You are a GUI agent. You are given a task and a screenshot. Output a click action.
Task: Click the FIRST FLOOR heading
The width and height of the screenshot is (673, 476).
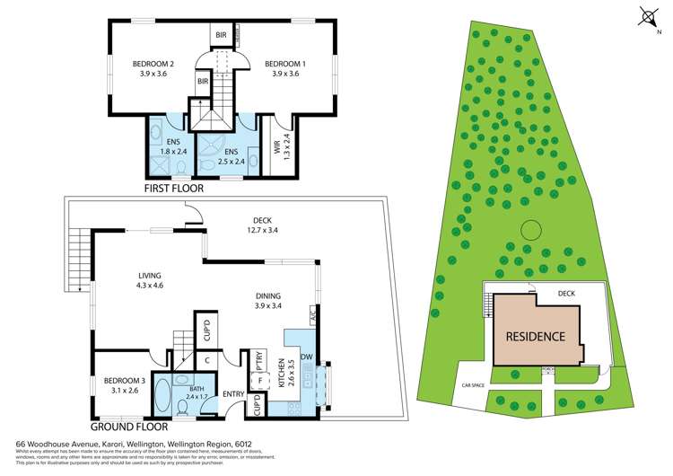pyautogui.click(x=175, y=189)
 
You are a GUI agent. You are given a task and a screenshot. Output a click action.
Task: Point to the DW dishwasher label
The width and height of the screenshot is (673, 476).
pyautogui.click(x=307, y=357)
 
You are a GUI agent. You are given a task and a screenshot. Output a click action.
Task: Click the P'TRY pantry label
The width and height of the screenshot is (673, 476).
pyautogui.click(x=259, y=367)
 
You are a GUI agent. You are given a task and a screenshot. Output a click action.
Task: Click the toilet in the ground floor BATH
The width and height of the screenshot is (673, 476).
pyautogui.click(x=184, y=409)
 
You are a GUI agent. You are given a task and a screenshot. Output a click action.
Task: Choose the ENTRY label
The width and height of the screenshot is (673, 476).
pyautogui.click(x=233, y=393)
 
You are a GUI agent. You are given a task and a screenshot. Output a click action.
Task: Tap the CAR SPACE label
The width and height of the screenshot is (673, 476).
pyautogui.click(x=472, y=384)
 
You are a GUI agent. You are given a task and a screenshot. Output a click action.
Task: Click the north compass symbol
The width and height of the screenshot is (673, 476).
pyautogui.click(x=648, y=15)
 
